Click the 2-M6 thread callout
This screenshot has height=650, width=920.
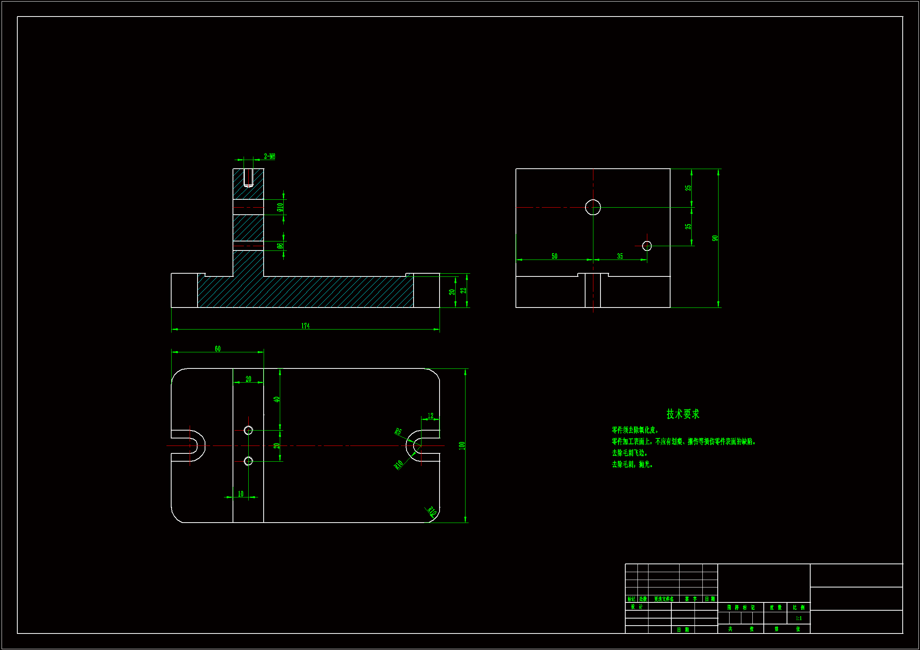tap(269, 156)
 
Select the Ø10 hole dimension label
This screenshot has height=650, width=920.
tap(280, 207)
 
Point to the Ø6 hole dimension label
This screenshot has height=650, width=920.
tap(280, 245)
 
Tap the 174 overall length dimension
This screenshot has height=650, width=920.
tap(305, 326)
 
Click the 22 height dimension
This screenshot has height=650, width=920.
tap(464, 290)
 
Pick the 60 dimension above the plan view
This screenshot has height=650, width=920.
tap(218, 349)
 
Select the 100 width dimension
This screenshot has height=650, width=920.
tap(462, 446)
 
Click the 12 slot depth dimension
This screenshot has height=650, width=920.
tap(430, 416)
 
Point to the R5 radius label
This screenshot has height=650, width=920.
tap(398, 431)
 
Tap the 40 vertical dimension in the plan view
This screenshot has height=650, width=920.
tap(277, 399)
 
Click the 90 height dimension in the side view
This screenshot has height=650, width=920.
tap(715, 238)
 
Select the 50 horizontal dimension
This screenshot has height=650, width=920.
tap(554, 256)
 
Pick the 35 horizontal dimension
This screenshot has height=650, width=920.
tap(620, 256)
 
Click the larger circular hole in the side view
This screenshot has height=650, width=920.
tap(593, 207)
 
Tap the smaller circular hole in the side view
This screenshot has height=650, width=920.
tap(647, 246)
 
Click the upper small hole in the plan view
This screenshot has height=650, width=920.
tap(248, 430)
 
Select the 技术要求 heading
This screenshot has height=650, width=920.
tap(683, 414)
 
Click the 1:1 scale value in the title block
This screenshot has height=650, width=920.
tap(798, 619)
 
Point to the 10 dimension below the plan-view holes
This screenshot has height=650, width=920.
tap(240, 494)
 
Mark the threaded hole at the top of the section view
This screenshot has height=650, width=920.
tap(248, 177)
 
